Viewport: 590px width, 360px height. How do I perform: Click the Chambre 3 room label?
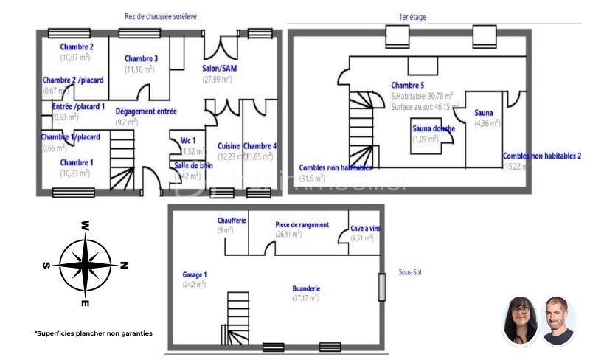(x=142, y=59)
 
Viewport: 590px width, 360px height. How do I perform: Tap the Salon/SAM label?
(x=219, y=69)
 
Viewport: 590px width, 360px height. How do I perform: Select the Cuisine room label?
(x=229, y=146)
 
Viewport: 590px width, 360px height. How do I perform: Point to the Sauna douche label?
(x=434, y=128)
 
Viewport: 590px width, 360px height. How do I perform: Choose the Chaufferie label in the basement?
(x=232, y=221)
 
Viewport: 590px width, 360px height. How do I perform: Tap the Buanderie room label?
(x=305, y=288)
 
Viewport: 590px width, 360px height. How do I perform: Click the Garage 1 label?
(x=195, y=274)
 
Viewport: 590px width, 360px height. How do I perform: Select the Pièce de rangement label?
(x=302, y=224)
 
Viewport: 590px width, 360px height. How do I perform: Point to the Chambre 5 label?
(x=407, y=85)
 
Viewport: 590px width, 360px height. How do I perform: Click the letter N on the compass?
(x=124, y=265)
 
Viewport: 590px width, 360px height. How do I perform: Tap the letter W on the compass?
(x=86, y=225)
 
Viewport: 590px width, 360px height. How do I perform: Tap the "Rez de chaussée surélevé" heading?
(x=160, y=15)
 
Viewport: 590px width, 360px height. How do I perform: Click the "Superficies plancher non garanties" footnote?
(x=94, y=333)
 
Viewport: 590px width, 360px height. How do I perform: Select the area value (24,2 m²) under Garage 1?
(x=194, y=284)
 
